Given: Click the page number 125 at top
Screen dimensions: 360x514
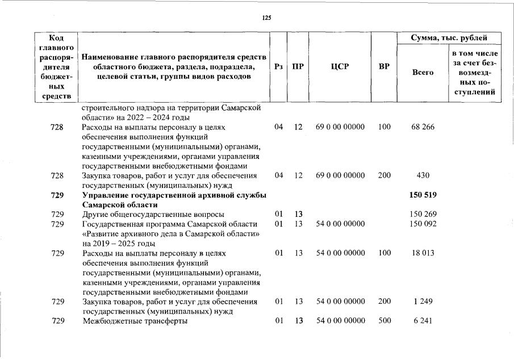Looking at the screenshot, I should pyautogui.click(x=267, y=18).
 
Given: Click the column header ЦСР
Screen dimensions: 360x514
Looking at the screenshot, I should pyautogui.click(x=340, y=66).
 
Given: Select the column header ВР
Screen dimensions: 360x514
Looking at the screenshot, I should pyautogui.click(x=384, y=66).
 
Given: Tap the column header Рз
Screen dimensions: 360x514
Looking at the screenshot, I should pyautogui.click(x=278, y=66).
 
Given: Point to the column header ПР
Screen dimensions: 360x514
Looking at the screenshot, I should pyautogui.click(x=298, y=66).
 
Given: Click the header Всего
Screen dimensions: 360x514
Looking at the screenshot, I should pyautogui.click(x=423, y=73).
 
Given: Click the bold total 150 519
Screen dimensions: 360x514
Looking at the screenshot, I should pyautogui.click(x=423, y=195).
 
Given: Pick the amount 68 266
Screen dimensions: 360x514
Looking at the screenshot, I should pyautogui.click(x=423, y=127).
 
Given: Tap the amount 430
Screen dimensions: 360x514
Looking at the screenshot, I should pyautogui.click(x=423, y=176).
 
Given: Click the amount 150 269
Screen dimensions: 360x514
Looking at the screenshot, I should pyautogui.click(x=423, y=215).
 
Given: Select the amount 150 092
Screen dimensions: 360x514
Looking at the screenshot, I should pyautogui.click(x=423, y=224).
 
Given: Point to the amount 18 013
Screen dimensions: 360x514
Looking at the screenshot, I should pyautogui.click(x=423, y=253).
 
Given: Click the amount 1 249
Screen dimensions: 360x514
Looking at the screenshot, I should pyautogui.click(x=423, y=302).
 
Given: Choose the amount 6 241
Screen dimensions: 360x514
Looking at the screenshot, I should pyautogui.click(x=423, y=321).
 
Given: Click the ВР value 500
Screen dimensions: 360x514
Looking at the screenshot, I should pyautogui.click(x=384, y=321).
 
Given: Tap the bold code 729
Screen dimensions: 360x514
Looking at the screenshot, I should pyautogui.click(x=57, y=195).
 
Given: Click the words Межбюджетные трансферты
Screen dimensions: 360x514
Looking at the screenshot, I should pyautogui.click(x=135, y=321).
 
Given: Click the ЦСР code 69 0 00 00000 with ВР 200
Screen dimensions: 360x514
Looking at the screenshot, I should pyautogui.click(x=340, y=176).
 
